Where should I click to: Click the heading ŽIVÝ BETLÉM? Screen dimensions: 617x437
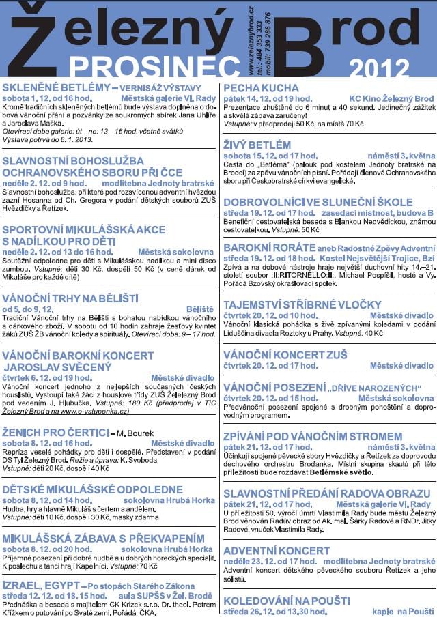point(257,145)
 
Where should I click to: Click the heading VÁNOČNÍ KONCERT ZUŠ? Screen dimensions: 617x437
point(285,355)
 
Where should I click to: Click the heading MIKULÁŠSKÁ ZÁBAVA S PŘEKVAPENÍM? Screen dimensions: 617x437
point(98,536)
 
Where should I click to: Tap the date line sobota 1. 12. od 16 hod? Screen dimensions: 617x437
point(47,98)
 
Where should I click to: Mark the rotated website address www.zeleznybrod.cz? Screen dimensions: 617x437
point(252,38)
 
